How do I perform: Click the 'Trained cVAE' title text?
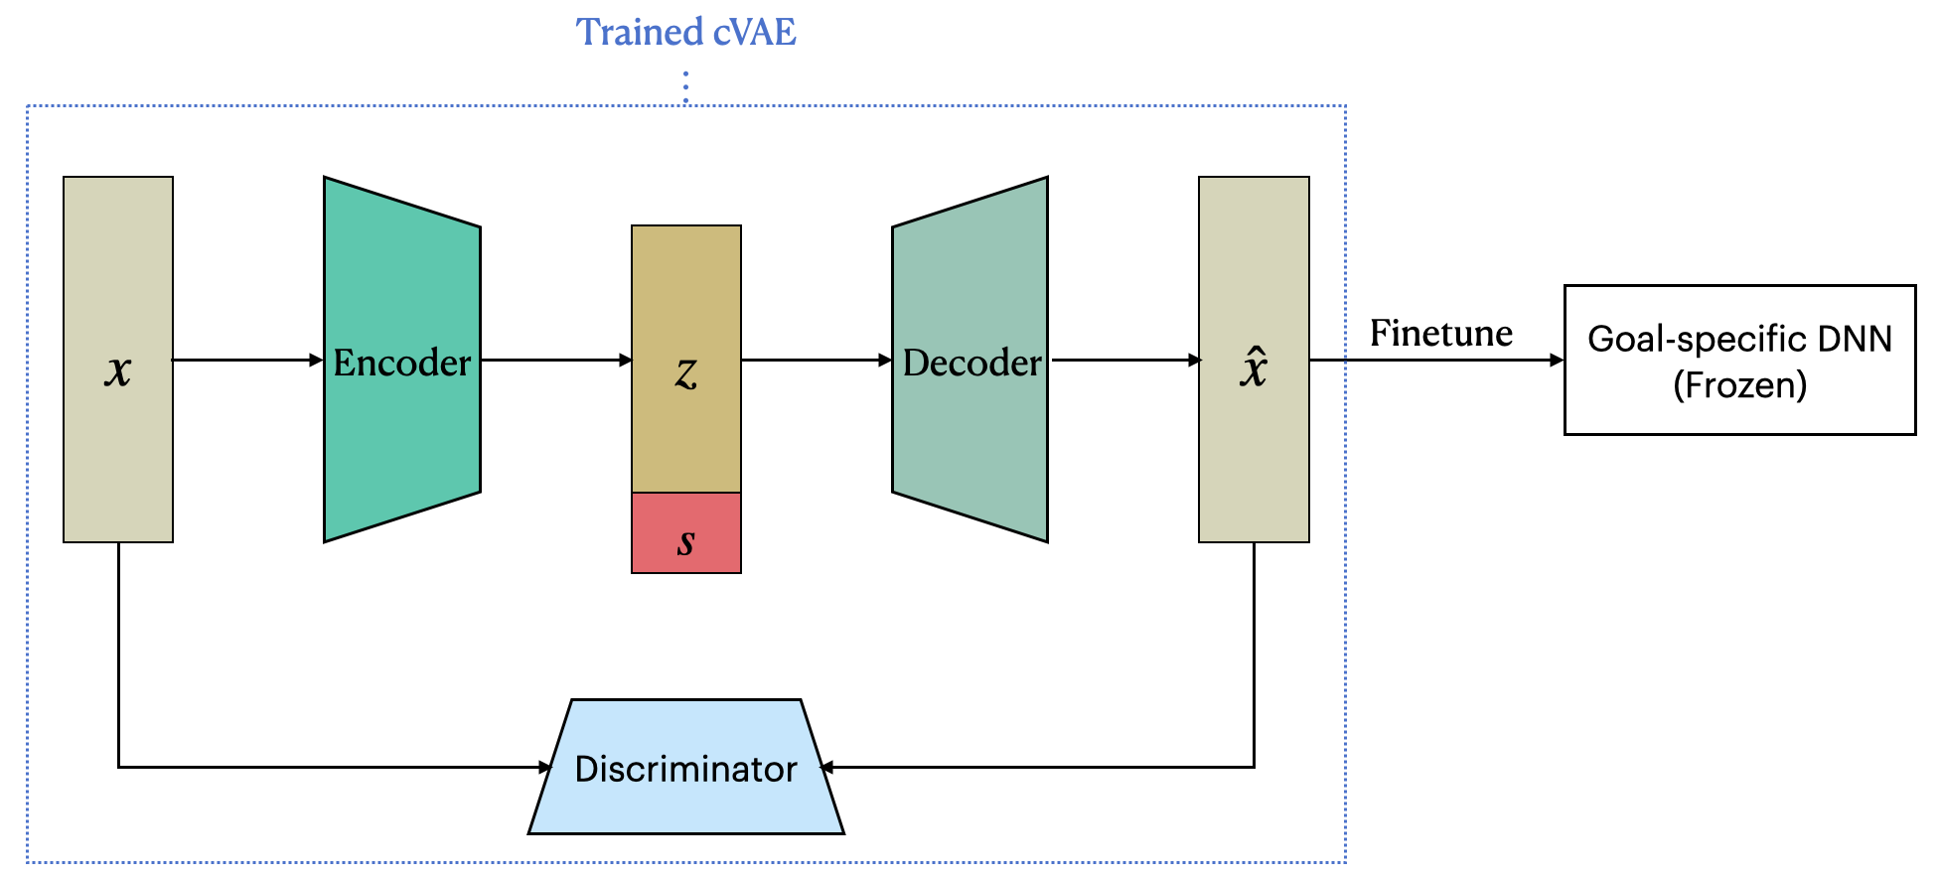pyautogui.click(x=685, y=32)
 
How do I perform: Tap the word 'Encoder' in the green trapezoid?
pyautogui.click(x=401, y=363)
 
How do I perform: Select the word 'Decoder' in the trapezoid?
pyautogui.click(x=971, y=363)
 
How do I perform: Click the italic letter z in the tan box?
pyautogui.click(x=685, y=372)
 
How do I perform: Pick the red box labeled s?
pyautogui.click(x=685, y=533)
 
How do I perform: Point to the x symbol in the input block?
pyautogui.click(x=118, y=370)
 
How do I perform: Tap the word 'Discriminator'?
pyautogui.click(x=685, y=769)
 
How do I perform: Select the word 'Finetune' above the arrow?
pyautogui.click(x=1440, y=334)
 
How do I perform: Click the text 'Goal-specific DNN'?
pyautogui.click(x=1739, y=339)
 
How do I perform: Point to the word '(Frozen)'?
pyautogui.click(x=1739, y=385)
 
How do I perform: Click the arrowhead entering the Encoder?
pyautogui.click(x=317, y=360)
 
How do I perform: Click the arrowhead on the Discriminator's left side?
pyautogui.click(x=545, y=767)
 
